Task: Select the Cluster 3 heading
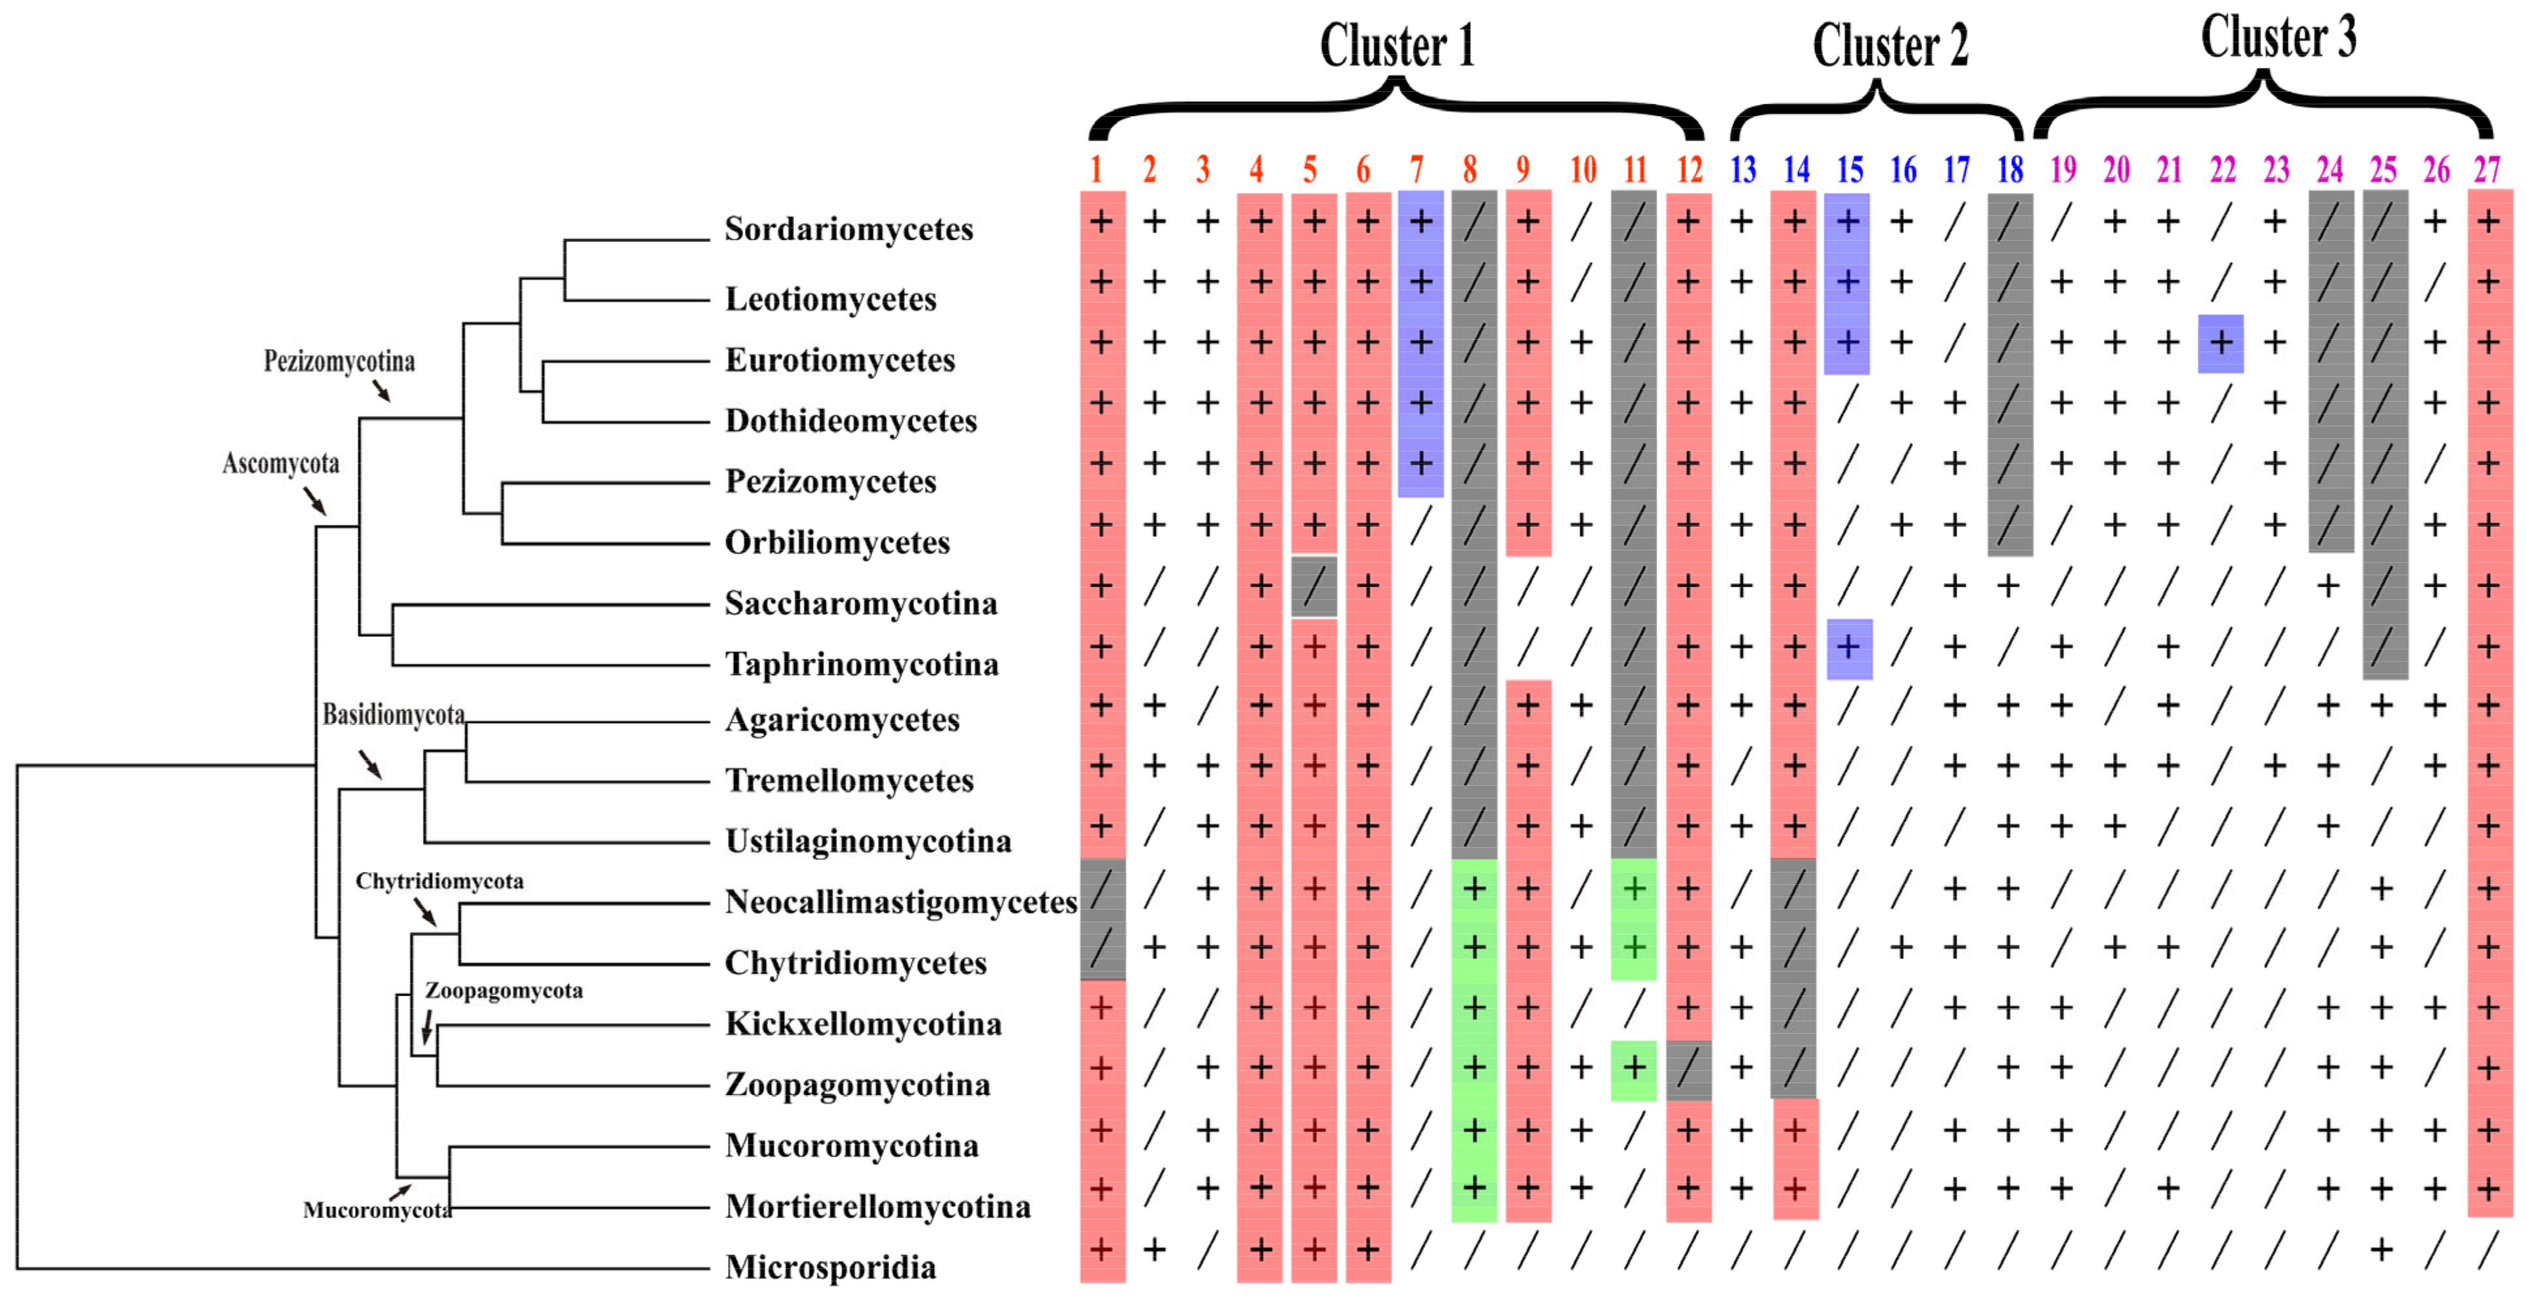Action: click(x=2278, y=37)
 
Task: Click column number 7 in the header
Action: click(x=1417, y=170)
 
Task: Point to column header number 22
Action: click(x=2222, y=170)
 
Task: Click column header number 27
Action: click(x=2486, y=170)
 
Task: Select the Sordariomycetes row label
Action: click(x=849, y=229)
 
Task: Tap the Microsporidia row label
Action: click(x=830, y=1266)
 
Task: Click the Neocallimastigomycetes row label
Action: click(x=900, y=902)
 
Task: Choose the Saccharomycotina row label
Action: click(x=861, y=603)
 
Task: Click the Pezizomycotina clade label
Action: click(x=340, y=361)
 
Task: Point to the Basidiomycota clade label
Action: click(x=393, y=714)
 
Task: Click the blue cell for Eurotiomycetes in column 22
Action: click(x=2221, y=344)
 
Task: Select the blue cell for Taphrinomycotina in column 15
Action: click(x=1849, y=648)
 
